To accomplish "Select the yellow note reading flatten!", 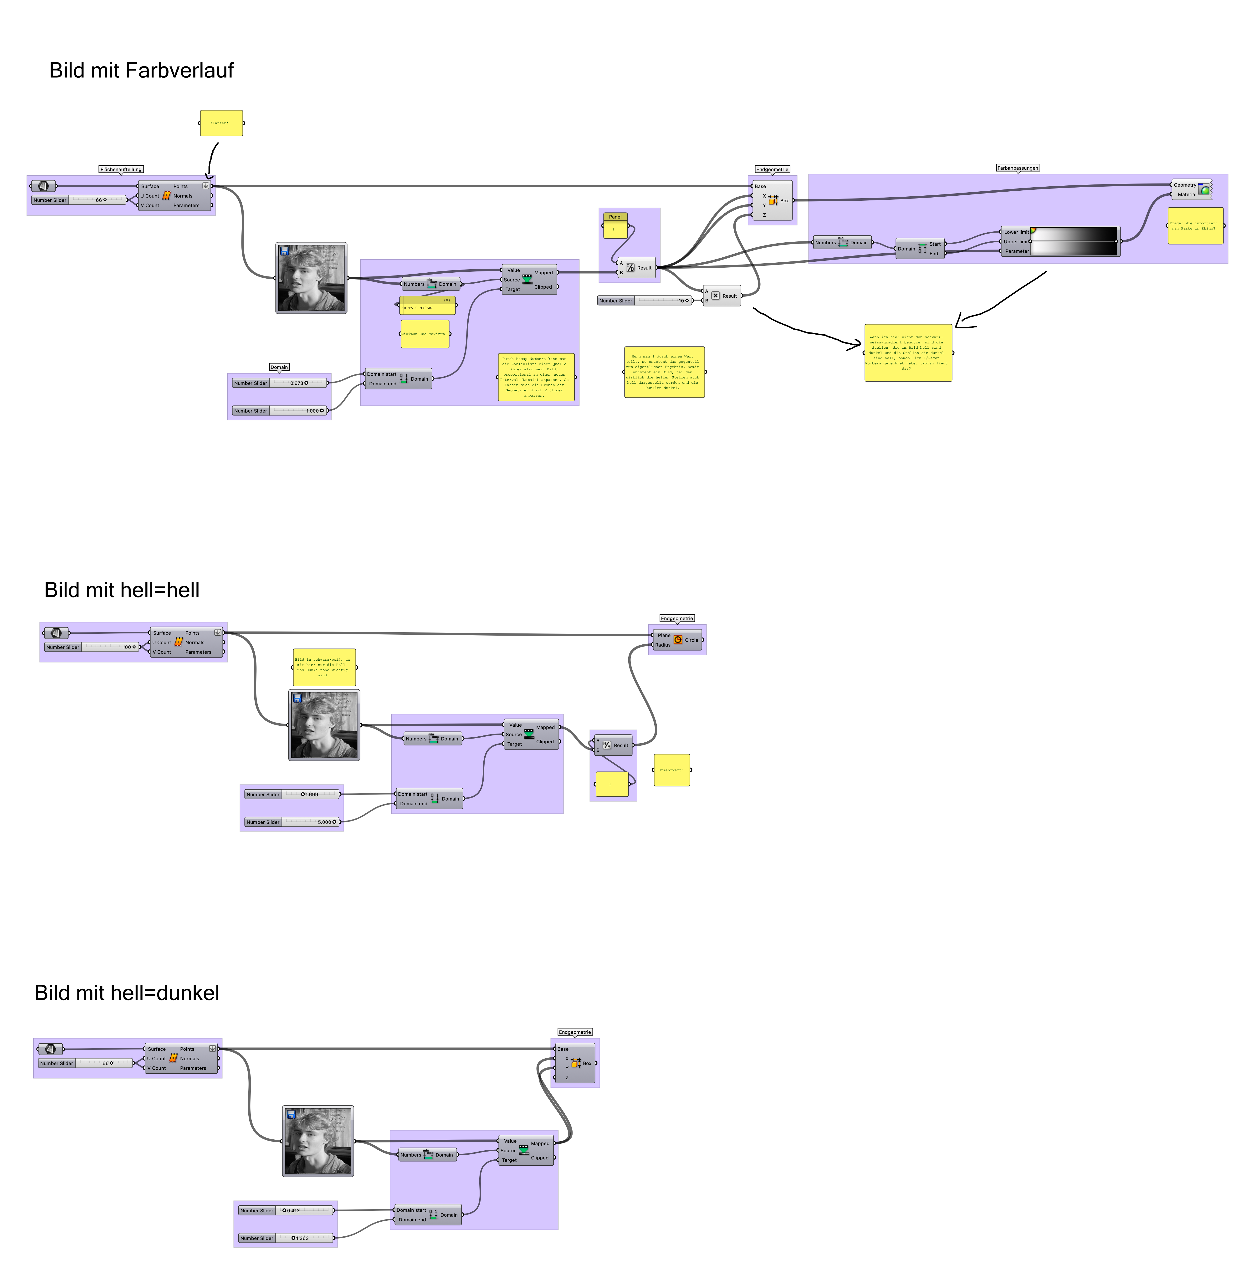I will pos(221,123).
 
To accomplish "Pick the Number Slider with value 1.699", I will pos(292,794).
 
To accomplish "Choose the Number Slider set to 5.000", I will pos(292,822).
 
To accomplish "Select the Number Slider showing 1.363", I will pos(285,1238).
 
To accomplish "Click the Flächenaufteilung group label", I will pos(121,169).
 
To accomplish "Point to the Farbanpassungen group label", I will pos(1018,168).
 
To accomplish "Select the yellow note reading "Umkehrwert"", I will pos(672,770).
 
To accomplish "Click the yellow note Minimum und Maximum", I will pos(425,334).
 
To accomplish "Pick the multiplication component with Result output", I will pos(722,296).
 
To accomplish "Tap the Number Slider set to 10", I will pos(644,300).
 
